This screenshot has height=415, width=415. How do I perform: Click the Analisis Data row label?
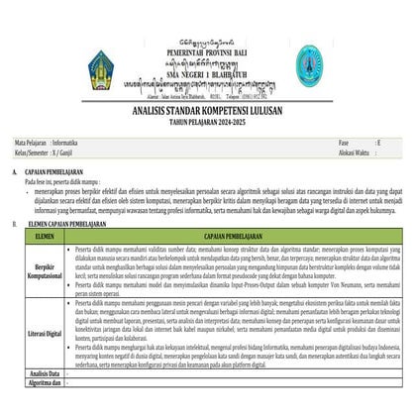(x=43, y=401)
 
